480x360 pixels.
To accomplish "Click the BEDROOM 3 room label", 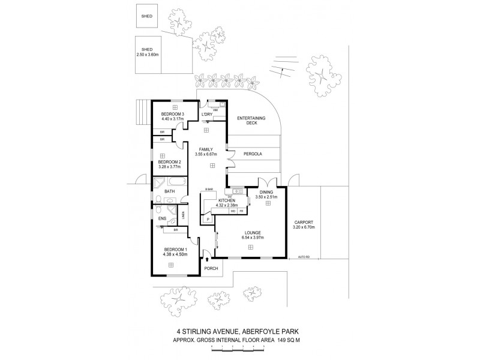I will [168, 114].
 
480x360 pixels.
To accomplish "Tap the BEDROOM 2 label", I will [169, 162].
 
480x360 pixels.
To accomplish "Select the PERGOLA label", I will [252, 154].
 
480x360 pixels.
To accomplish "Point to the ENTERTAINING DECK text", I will [251, 120].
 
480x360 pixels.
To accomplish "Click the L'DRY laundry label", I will [207, 115].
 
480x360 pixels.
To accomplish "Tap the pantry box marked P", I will [208, 220].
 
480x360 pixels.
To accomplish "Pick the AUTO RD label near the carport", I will [304, 257].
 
